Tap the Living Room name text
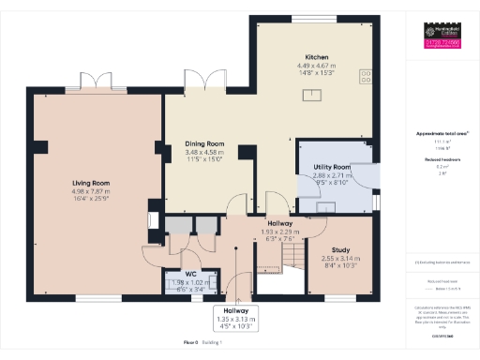(92, 184)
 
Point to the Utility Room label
(332, 167)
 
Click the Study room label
(341, 249)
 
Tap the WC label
(190, 275)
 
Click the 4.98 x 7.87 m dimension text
(92, 192)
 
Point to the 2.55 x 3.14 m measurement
(341, 258)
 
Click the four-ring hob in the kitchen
(365, 76)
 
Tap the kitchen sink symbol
(313, 94)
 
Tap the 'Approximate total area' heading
(442, 133)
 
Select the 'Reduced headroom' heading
(442, 160)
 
